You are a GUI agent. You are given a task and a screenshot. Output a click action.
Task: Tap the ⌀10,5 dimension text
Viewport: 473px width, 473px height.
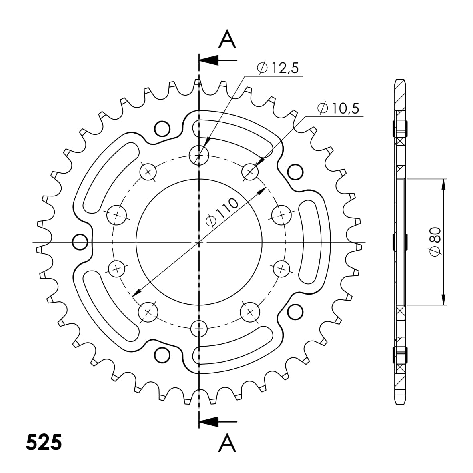[x=338, y=109]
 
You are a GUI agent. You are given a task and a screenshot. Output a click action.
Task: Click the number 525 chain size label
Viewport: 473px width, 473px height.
[x=44, y=442]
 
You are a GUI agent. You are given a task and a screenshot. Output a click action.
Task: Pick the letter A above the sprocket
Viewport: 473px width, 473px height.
[x=227, y=40]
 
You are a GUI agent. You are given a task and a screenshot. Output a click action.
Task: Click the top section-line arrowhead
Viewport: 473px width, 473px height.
[x=208, y=60]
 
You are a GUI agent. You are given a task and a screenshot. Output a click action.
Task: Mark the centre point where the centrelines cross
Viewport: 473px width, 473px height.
[x=199, y=242]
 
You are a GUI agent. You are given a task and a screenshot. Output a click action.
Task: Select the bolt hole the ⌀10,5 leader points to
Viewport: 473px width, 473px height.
[x=251, y=172]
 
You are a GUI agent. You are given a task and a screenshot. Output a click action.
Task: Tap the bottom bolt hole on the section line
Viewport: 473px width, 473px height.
[x=199, y=329]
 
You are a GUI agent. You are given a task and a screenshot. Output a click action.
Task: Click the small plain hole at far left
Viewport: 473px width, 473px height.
[x=80, y=242]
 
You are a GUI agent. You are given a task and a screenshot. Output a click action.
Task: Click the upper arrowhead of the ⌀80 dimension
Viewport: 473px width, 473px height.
[x=443, y=184]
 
